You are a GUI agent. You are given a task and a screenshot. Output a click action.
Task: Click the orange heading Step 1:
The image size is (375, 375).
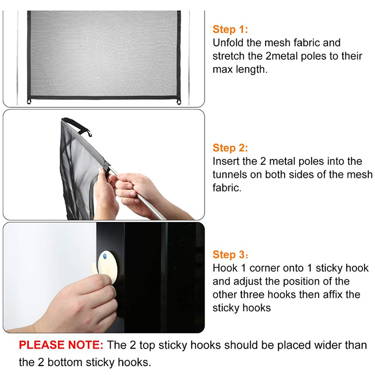coord(230,30)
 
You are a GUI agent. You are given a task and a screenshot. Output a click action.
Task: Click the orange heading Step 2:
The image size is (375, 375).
coord(230,148)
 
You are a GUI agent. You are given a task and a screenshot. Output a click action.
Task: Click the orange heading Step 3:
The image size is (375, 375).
coord(230,255)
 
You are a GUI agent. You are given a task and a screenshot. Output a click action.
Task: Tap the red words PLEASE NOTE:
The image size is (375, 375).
coord(61,345)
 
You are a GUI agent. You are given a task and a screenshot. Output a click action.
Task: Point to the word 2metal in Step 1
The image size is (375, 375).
coord(282,56)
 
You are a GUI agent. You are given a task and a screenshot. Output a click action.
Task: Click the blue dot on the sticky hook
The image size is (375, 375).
coord(105,256)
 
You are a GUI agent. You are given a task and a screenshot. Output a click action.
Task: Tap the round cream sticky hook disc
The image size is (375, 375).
coord(108,267)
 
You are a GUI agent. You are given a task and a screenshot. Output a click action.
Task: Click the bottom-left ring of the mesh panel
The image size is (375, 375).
coord(29,102)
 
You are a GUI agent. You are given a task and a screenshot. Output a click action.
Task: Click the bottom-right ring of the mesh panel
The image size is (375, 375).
coord(179,102)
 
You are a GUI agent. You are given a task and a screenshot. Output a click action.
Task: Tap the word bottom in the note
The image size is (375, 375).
coord(65,362)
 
